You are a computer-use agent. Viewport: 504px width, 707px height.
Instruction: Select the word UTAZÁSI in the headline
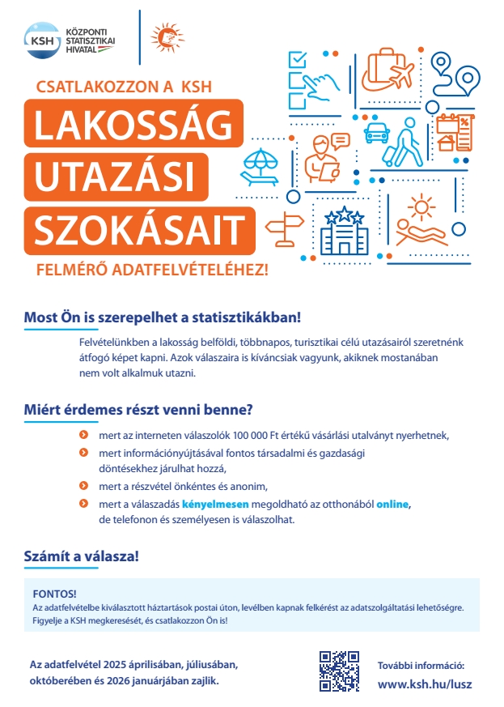[x=116, y=175]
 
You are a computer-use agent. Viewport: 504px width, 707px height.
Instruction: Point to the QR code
[x=339, y=671]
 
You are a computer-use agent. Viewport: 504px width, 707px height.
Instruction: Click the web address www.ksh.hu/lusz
[x=425, y=684]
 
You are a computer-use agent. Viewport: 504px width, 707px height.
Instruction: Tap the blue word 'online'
[x=393, y=505]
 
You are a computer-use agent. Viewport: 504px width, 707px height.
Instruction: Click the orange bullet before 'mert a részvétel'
[x=83, y=487]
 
